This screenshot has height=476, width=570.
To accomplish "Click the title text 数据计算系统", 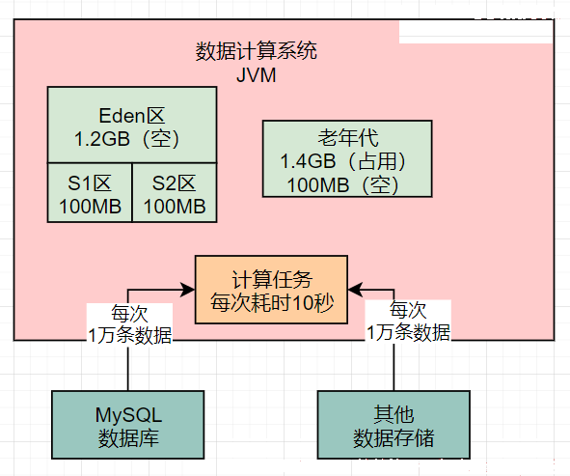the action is pyautogui.click(x=257, y=50).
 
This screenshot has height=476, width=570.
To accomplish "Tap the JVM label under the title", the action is pyautogui.click(x=257, y=75).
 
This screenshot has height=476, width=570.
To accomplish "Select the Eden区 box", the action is pyautogui.click(x=132, y=125).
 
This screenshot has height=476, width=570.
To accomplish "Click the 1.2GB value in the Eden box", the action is pyautogui.click(x=102, y=139).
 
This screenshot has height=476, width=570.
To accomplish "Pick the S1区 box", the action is pyautogui.click(x=90, y=192).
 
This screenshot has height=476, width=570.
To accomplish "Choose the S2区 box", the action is pyautogui.click(x=175, y=192).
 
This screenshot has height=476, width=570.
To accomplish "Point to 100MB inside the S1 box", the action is pyautogui.click(x=90, y=207).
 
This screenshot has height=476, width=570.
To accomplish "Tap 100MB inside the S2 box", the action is pyautogui.click(x=175, y=207).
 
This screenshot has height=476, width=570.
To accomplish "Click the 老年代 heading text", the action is pyautogui.click(x=348, y=137).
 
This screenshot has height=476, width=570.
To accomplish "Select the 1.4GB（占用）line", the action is pyautogui.click(x=343, y=161).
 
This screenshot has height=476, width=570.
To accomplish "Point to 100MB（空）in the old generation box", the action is pyautogui.click(x=343, y=184).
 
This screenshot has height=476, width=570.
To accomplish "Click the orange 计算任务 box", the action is pyautogui.click(x=272, y=290).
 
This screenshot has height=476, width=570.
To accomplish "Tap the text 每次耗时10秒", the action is pyautogui.click(x=272, y=302).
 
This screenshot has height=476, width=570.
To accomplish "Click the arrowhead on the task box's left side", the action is pyautogui.click(x=188, y=290).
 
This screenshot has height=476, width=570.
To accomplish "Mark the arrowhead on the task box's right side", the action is pyautogui.click(x=355, y=290).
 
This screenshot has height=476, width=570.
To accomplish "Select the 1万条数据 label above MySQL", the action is pyautogui.click(x=130, y=335).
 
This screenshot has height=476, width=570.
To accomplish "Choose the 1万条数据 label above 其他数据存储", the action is pyautogui.click(x=408, y=332).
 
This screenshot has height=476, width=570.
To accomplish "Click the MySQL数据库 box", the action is pyautogui.click(x=128, y=425).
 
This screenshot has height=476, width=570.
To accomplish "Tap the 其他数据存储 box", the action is pyautogui.click(x=394, y=425).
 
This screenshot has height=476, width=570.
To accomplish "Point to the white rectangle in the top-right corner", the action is pyautogui.click(x=476, y=32).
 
